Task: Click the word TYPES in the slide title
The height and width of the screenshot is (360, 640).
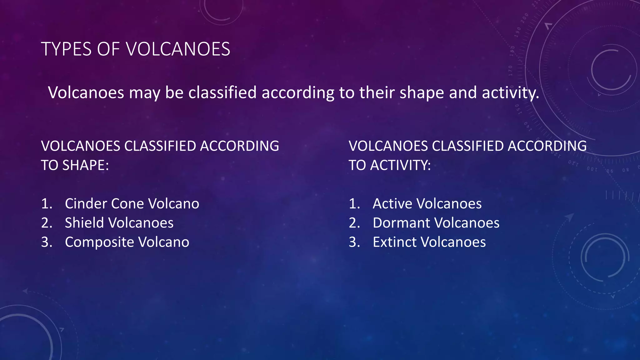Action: click(66, 49)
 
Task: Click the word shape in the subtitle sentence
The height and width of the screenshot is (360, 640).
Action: click(422, 93)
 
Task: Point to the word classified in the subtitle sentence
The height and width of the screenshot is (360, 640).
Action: click(222, 93)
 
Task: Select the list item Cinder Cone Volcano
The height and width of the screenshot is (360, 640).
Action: click(132, 204)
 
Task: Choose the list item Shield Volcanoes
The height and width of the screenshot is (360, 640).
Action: click(119, 223)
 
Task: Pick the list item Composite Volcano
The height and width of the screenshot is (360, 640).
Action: click(127, 242)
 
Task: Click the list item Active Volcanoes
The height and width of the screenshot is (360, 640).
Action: click(427, 204)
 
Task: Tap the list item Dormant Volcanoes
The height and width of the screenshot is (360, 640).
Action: click(436, 223)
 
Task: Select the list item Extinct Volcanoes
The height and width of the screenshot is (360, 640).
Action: click(429, 242)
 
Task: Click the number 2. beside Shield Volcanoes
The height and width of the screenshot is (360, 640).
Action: click(47, 223)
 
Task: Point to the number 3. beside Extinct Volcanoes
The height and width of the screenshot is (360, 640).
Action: click(354, 242)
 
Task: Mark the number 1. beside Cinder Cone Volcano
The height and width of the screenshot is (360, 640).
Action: click(47, 204)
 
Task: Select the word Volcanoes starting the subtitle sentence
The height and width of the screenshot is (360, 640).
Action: click(86, 93)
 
